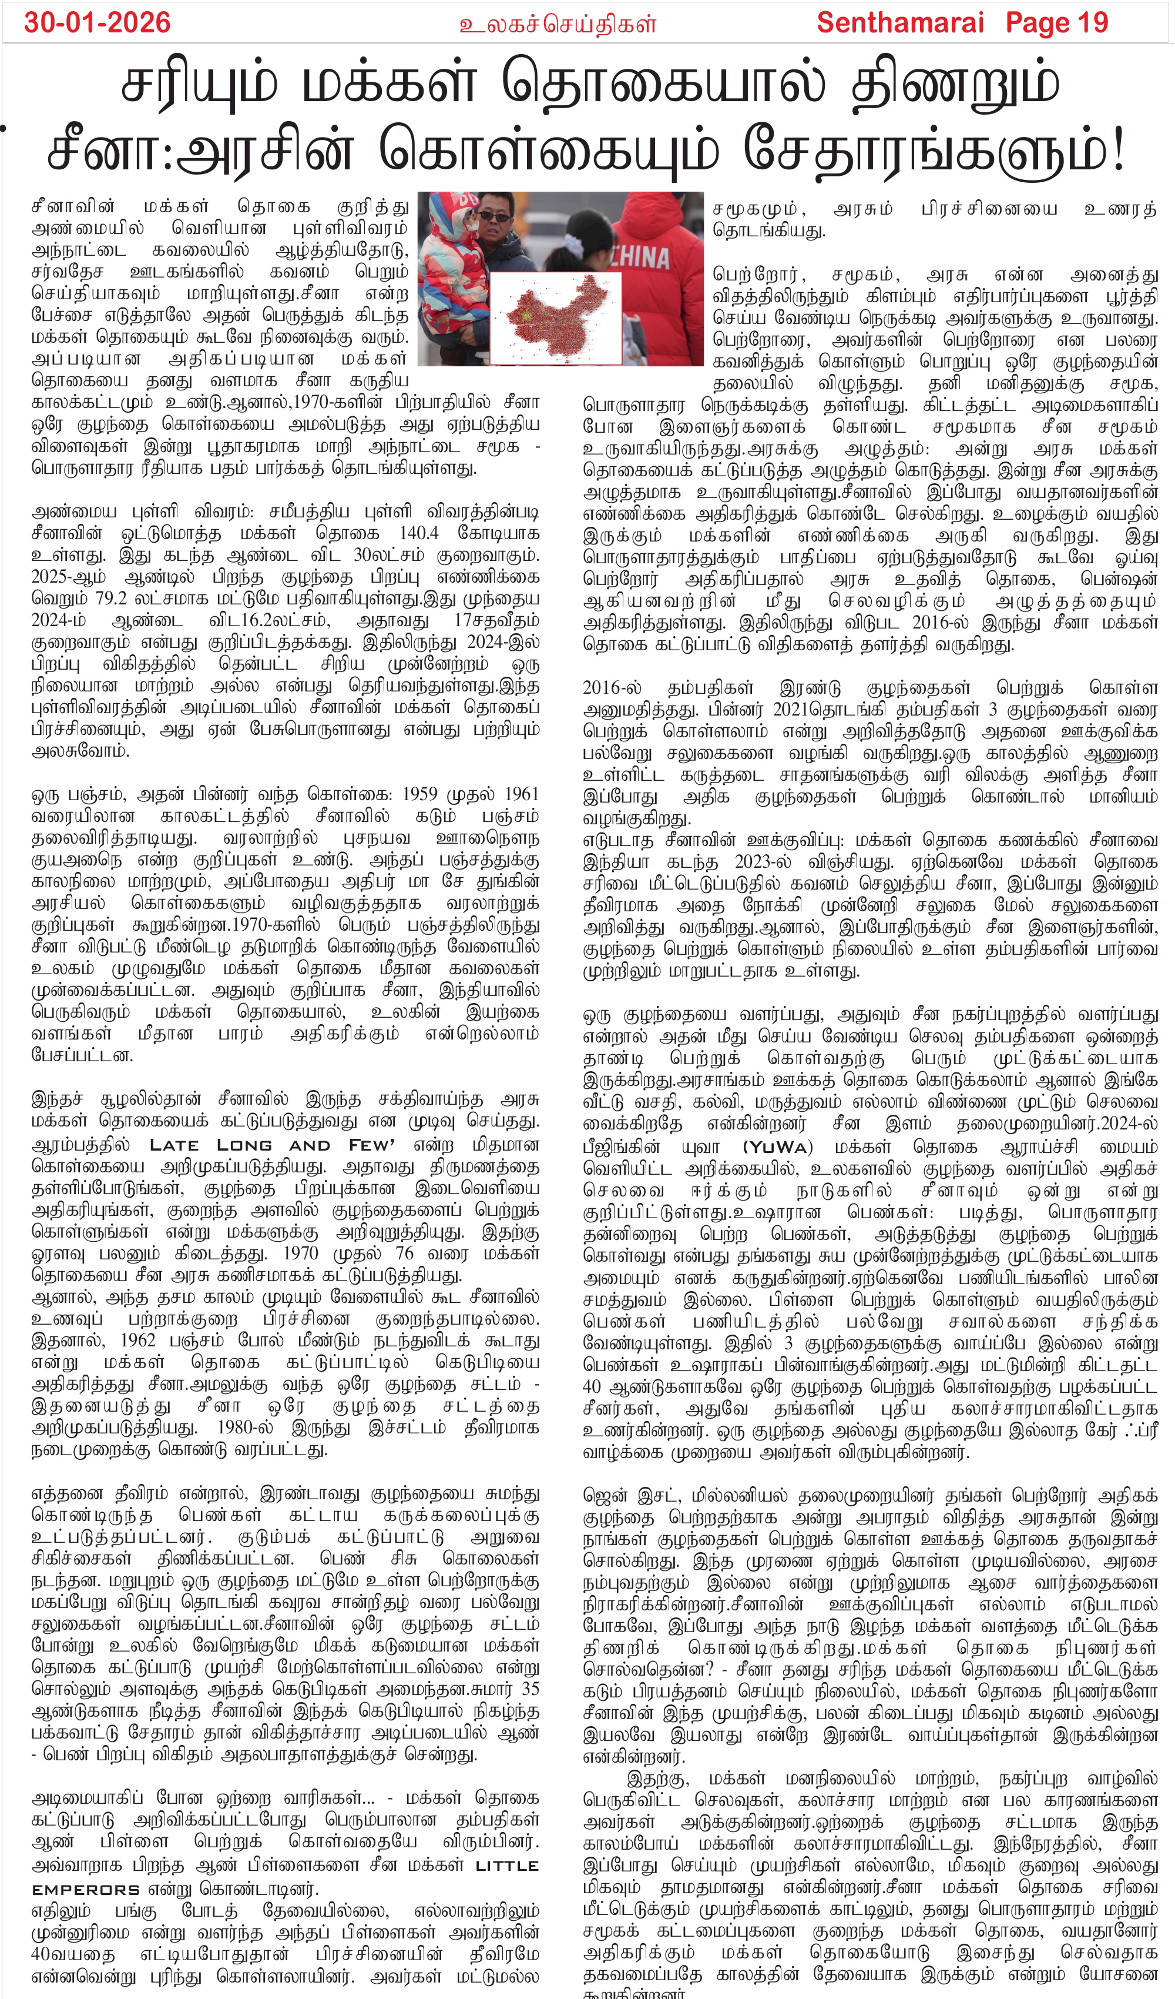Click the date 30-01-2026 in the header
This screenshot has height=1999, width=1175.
tap(97, 22)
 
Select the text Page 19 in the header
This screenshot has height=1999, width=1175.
tap(1057, 22)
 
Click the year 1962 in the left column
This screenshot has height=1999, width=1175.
tap(138, 1341)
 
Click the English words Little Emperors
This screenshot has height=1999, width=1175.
tap(286, 1867)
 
